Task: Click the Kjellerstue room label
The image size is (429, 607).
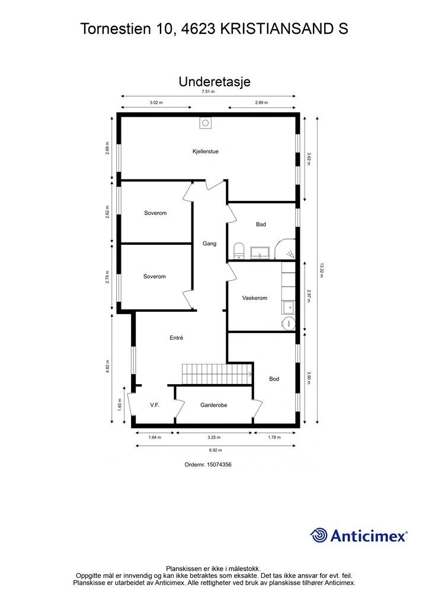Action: (x=206, y=151)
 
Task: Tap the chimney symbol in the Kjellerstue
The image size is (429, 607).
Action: (x=206, y=123)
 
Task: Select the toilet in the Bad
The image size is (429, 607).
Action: (x=239, y=251)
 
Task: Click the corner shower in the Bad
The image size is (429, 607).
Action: (x=285, y=249)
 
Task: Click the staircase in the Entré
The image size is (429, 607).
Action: (x=217, y=374)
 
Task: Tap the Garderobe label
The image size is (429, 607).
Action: (x=213, y=405)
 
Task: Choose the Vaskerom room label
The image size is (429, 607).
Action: (x=255, y=298)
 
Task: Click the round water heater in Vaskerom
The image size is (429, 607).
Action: (x=288, y=323)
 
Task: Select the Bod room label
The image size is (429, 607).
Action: (x=274, y=379)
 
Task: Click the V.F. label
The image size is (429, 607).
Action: (x=155, y=405)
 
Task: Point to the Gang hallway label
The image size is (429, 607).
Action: (x=209, y=244)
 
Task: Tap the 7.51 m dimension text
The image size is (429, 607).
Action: (x=208, y=92)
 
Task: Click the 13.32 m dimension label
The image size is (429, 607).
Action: (x=321, y=270)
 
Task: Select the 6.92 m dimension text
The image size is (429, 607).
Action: (x=216, y=451)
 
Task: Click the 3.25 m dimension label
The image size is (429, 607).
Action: (x=214, y=437)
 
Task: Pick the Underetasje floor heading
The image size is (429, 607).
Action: (x=214, y=82)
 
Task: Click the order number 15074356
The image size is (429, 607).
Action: (x=219, y=465)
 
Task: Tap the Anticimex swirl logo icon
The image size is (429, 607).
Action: (x=319, y=535)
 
